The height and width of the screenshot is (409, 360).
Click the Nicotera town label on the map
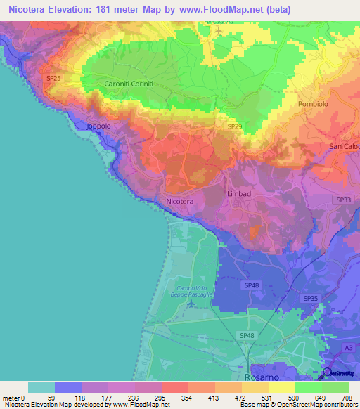(x=179, y=202)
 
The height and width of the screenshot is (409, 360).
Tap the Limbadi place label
(x=240, y=193)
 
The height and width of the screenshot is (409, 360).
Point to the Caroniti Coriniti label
(x=129, y=84)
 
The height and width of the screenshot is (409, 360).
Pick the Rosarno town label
(x=262, y=377)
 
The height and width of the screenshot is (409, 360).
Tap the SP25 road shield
(x=54, y=79)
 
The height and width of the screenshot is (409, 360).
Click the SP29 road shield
(x=235, y=126)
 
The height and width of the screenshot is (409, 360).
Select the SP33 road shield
(x=344, y=200)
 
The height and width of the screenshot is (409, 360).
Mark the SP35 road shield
(x=310, y=299)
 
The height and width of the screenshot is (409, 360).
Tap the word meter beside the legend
(x=11, y=398)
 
